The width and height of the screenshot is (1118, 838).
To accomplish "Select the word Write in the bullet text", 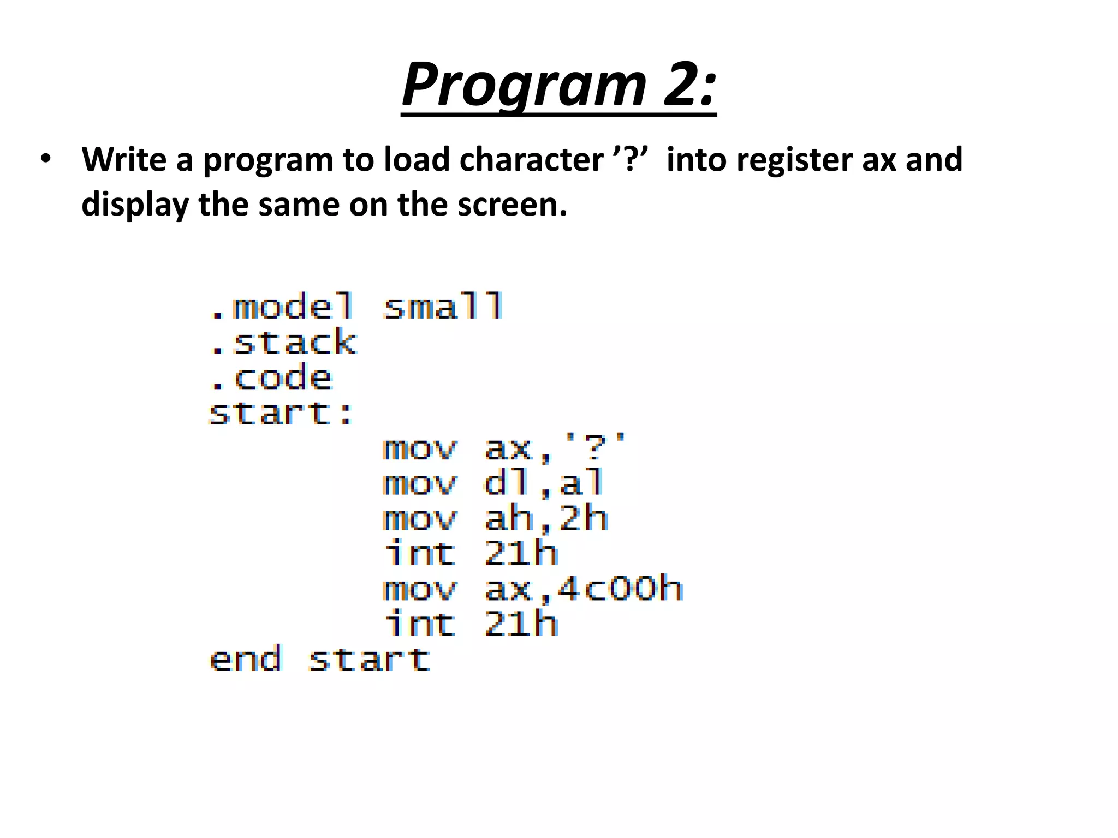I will [124, 159].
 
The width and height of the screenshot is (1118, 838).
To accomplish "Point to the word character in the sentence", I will [531, 159].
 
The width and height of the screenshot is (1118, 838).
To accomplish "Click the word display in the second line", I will [135, 204].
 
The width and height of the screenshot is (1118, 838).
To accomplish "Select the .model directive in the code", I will [282, 307].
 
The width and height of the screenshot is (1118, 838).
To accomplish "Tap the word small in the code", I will [443, 307].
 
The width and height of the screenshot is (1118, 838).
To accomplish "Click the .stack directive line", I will [283, 343].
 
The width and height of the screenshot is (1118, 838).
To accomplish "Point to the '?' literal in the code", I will [594, 448].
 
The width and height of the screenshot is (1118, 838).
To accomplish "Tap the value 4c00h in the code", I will [620, 589].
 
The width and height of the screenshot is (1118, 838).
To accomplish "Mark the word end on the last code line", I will [246, 660].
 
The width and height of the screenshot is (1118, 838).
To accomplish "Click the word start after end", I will [369, 660].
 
